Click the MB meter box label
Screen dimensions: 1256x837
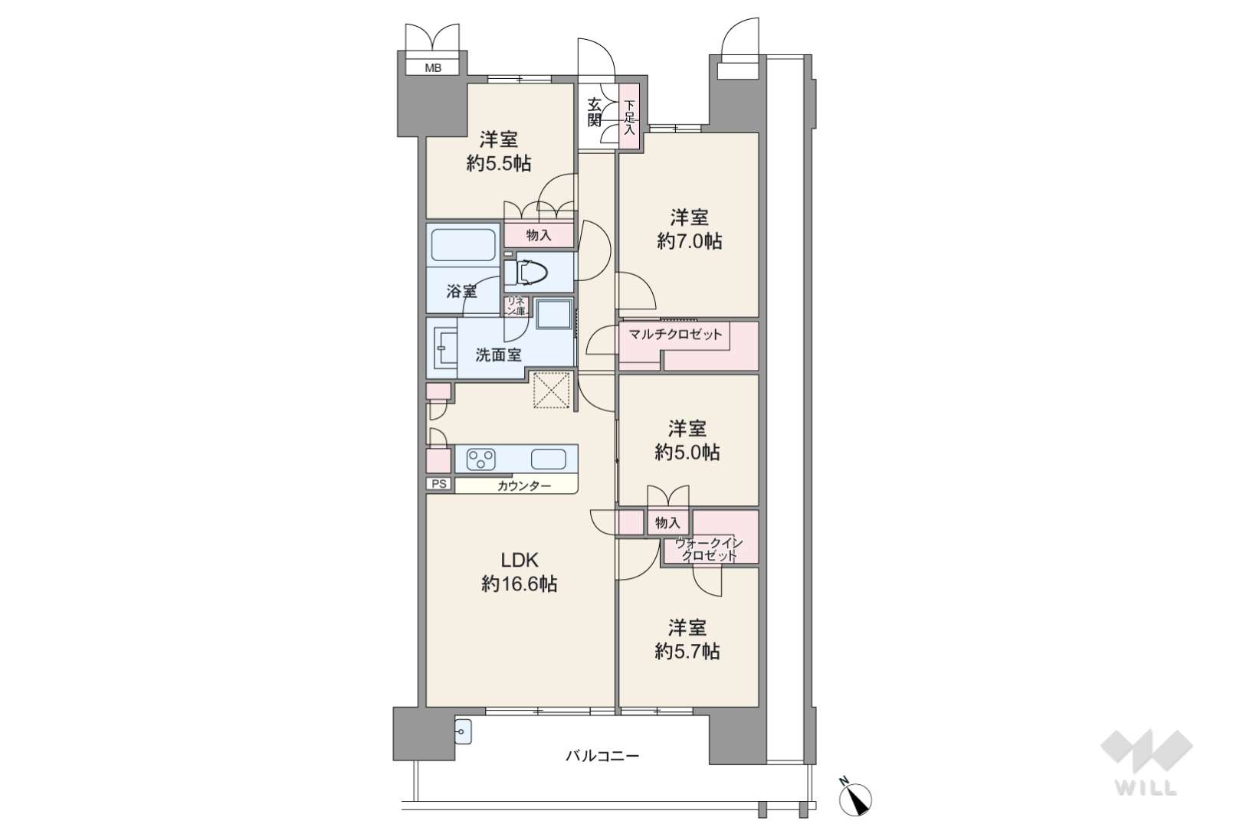coord(433,68)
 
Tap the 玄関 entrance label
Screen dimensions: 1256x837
coord(595,112)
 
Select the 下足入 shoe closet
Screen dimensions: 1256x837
coord(630,117)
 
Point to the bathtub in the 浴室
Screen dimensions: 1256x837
coord(463,245)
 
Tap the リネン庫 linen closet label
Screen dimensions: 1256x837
coord(516,306)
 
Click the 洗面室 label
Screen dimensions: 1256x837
coord(498,355)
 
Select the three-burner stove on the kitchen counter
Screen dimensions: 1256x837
coord(481,460)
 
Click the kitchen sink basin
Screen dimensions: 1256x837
coord(549,459)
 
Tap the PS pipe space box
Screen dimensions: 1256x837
coord(439,483)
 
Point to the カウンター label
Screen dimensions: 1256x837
coord(524,486)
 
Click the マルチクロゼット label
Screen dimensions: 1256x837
coord(675,335)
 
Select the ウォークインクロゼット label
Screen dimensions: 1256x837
coord(710,550)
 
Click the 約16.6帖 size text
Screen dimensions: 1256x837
coord(520,585)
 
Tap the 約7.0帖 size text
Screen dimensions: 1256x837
coord(690,241)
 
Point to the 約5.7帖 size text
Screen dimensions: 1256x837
coord(687,652)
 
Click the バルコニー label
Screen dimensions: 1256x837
coord(602,757)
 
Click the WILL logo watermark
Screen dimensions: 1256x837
coord(1146,762)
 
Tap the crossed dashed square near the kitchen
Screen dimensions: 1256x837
coord(551,390)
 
